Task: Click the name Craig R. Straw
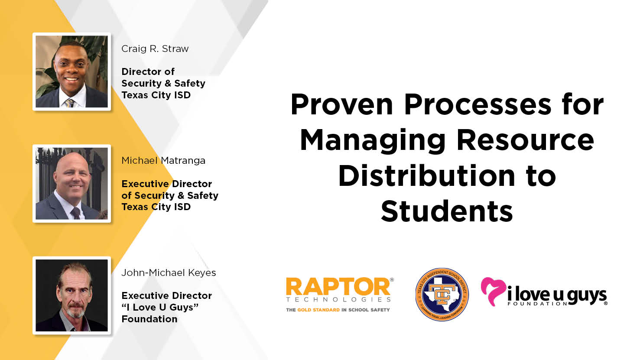pos(155,49)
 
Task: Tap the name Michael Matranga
pos(163,161)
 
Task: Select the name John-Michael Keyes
pos(169,273)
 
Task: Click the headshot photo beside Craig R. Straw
pos(72,71)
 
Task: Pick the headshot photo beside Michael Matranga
pos(72,183)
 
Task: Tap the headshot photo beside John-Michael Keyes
pos(72,295)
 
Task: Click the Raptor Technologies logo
pos(340,295)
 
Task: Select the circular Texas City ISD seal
pos(442,294)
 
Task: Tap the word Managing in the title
pos(373,141)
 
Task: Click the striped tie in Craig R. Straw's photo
pos(70,103)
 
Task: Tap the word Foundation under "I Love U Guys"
pos(149,319)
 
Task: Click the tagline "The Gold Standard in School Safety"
pos(338,310)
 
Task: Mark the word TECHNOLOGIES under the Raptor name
pos(338,299)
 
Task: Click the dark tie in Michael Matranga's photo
pos(76,213)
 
